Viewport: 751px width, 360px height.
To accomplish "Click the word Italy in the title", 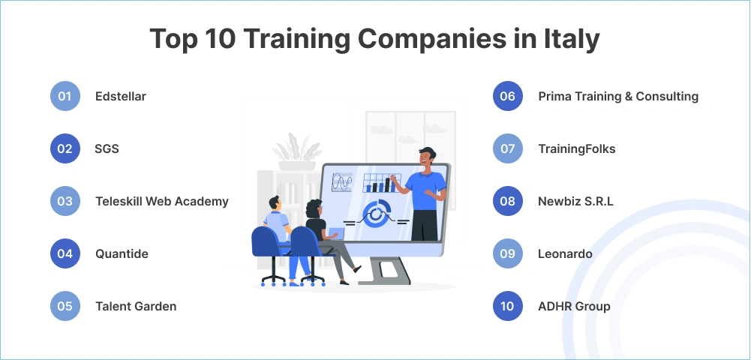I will [x=571, y=39].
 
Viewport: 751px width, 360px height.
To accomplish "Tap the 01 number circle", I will [x=65, y=96].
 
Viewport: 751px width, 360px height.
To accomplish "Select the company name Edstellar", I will [x=121, y=96].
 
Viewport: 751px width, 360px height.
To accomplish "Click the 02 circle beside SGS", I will [x=65, y=148].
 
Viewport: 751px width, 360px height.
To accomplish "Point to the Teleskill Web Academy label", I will [x=162, y=201].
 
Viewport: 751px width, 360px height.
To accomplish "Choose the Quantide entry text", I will [x=122, y=253].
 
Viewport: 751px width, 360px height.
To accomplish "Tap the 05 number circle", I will [x=65, y=306].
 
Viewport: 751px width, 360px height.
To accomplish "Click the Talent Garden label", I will [x=136, y=306].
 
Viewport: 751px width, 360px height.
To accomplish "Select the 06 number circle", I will [x=508, y=96].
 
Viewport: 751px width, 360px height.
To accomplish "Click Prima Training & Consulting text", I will [x=618, y=96].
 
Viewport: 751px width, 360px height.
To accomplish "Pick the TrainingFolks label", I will [x=577, y=148].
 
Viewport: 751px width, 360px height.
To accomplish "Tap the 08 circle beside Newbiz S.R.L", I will [x=508, y=201].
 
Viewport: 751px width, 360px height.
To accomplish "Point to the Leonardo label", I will [x=566, y=253].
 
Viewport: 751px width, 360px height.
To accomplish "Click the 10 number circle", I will [x=508, y=306].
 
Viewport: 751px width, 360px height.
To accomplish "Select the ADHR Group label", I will [x=574, y=306].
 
